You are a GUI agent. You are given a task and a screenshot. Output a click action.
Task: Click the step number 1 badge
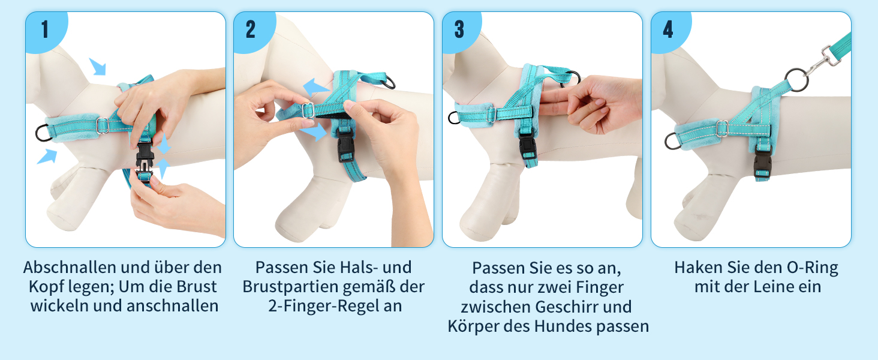[46, 31]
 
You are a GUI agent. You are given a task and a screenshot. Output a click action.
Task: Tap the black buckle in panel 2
[345, 146]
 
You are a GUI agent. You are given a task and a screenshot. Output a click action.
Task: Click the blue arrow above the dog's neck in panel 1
[98, 67]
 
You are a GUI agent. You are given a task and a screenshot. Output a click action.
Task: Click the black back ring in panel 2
[389, 82]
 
